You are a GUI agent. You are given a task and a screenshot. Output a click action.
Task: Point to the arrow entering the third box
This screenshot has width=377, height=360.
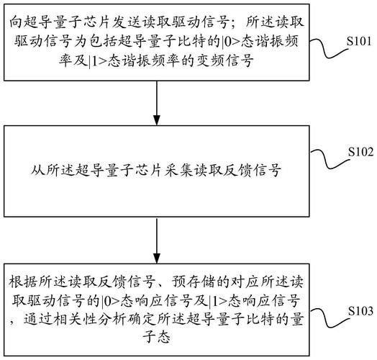tap(157, 240)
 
